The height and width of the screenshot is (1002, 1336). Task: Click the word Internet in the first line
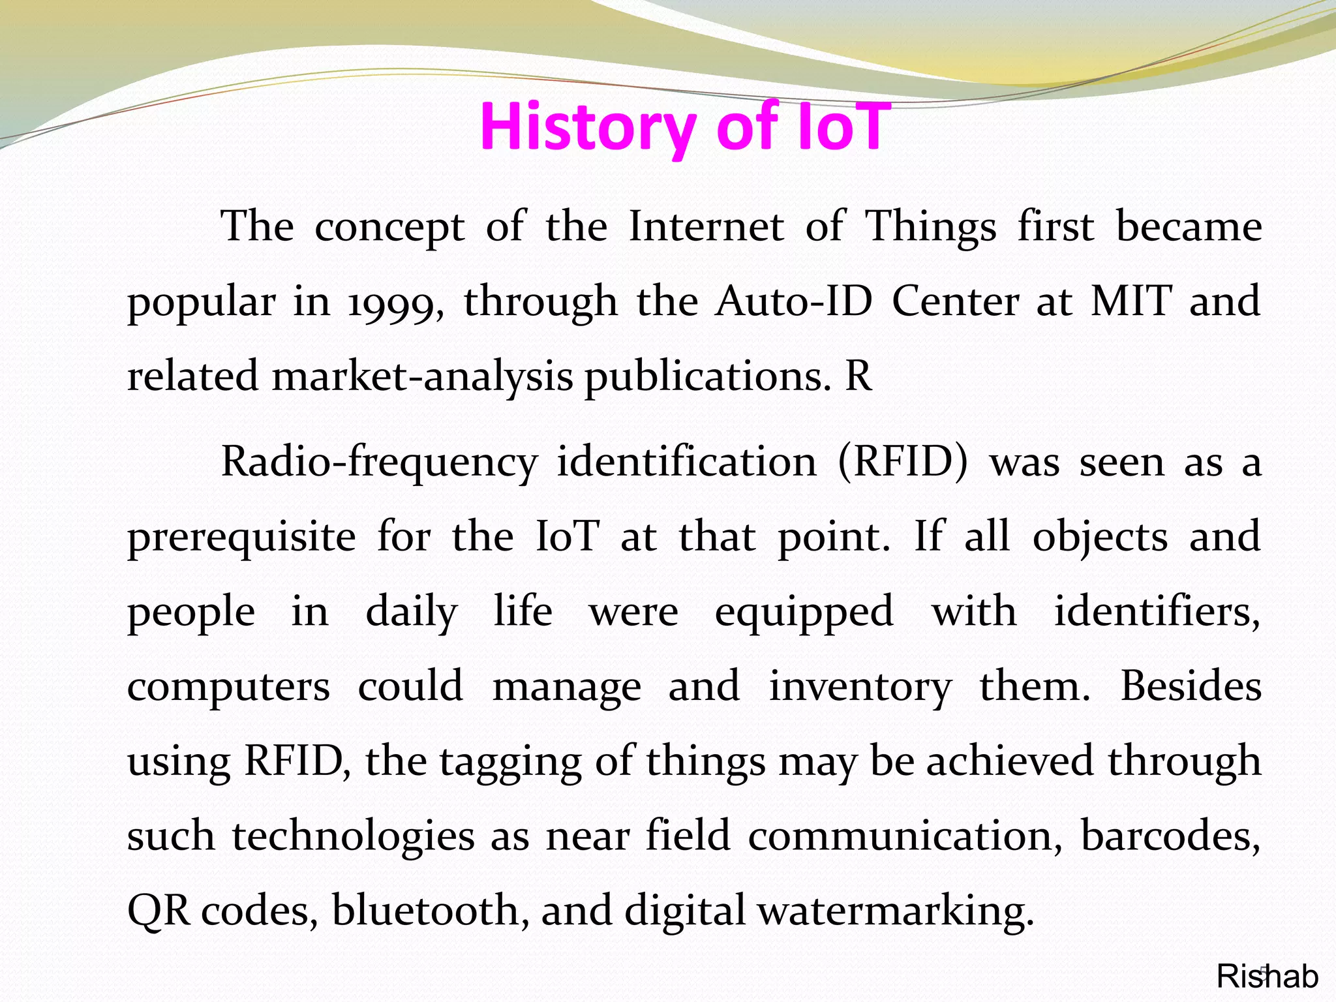pos(706,227)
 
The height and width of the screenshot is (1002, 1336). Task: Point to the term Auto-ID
pos(793,301)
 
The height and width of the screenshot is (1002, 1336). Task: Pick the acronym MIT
pos(1131,301)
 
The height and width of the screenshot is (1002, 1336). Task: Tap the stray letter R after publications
pos(858,376)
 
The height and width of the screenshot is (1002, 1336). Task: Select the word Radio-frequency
pos(379,463)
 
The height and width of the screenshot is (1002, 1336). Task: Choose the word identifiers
pos(1157,612)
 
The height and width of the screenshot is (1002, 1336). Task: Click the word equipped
pos(804,613)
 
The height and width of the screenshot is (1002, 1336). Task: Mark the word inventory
pos(860,688)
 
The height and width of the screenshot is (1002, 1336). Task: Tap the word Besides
pos(1191,686)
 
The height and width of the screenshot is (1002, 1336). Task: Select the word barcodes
pos(1170,836)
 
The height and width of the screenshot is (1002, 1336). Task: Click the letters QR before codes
pos(159,911)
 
